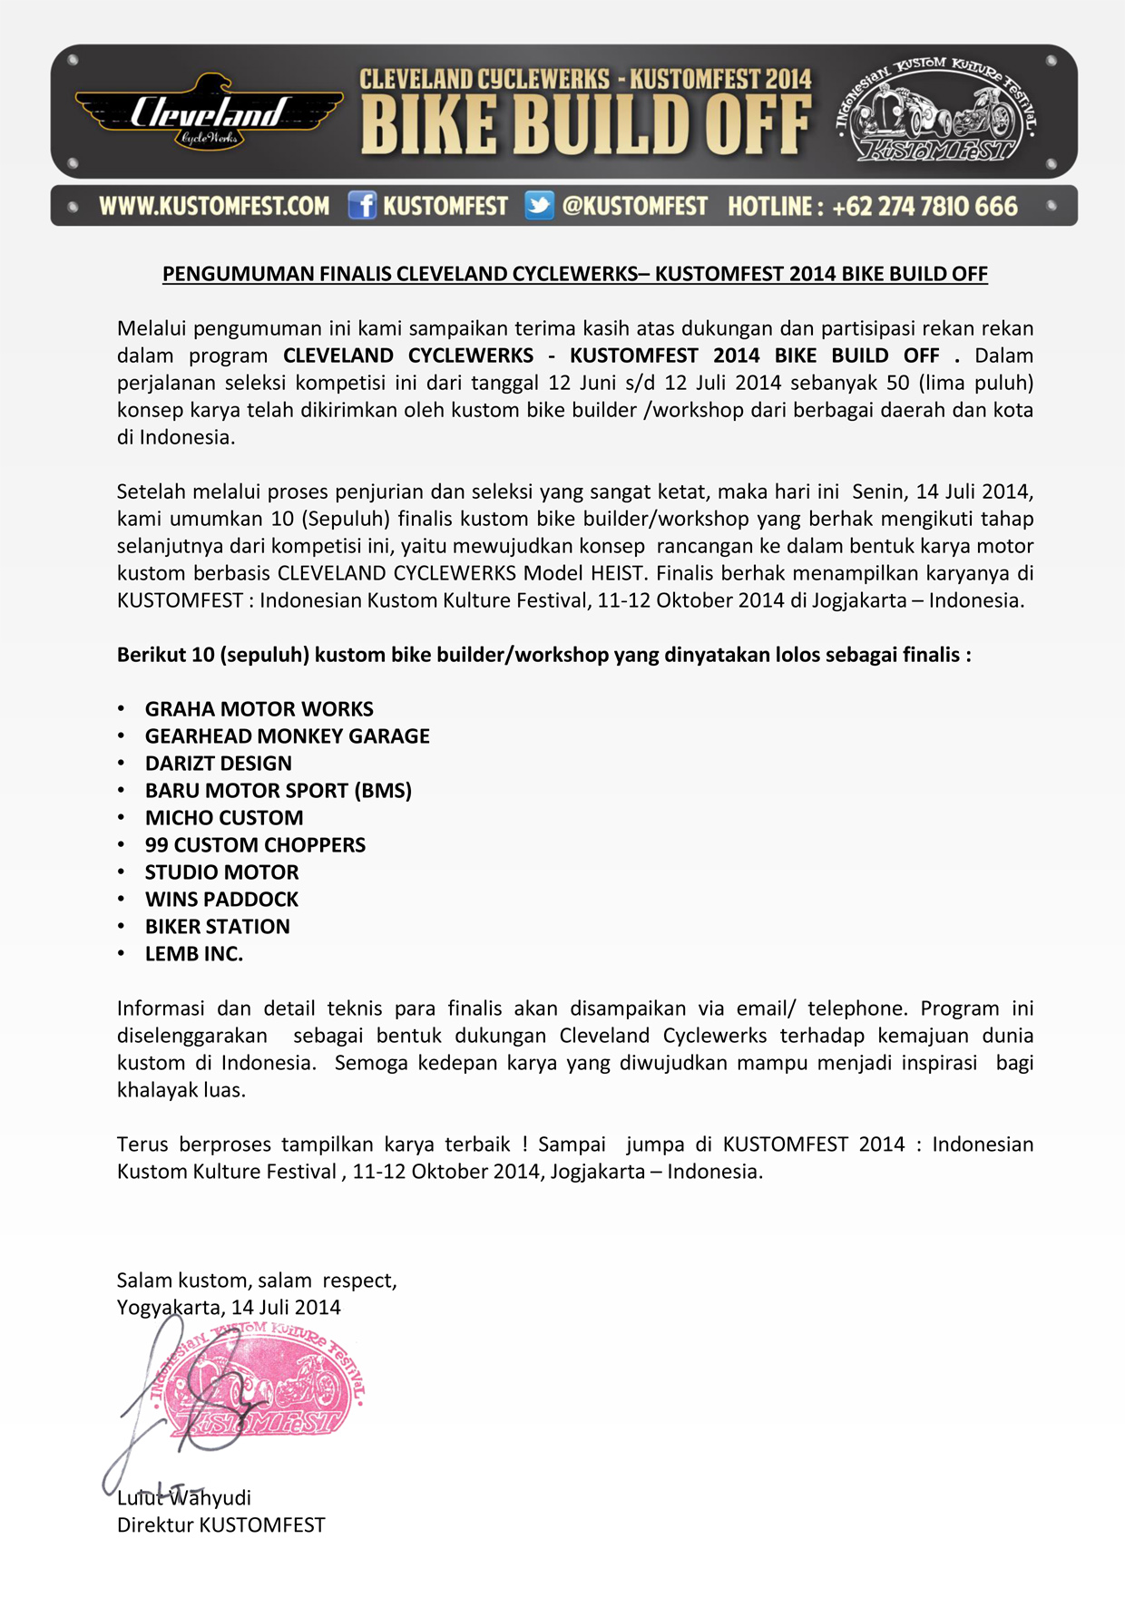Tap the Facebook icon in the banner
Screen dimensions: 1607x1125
coord(362,206)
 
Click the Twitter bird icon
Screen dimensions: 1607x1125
coord(539,206)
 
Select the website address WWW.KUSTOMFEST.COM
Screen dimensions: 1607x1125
coord(214,207)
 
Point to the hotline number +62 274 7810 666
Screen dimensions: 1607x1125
coord(924,207)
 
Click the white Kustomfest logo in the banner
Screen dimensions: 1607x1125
coord(936,111)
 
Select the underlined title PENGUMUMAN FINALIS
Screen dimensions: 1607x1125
coord(574,274)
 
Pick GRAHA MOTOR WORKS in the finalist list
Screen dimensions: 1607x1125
coord(259,709)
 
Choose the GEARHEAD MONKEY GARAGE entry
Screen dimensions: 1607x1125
coord(287,736)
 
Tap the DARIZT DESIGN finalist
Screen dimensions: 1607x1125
coord(218,764)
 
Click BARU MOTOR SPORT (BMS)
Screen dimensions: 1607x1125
coord(278,791)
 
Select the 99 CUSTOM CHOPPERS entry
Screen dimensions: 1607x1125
coord(255,845)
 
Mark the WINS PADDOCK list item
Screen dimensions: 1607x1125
coord(221,900)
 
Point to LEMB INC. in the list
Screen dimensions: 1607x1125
coord(193,954)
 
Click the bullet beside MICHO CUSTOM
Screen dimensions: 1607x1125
coord(122,818)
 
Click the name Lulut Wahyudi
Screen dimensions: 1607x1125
coord(184,1498)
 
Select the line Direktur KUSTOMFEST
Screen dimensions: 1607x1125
coord(220,1525)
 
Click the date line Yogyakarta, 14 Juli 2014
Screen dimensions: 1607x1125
coord(229,1308)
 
